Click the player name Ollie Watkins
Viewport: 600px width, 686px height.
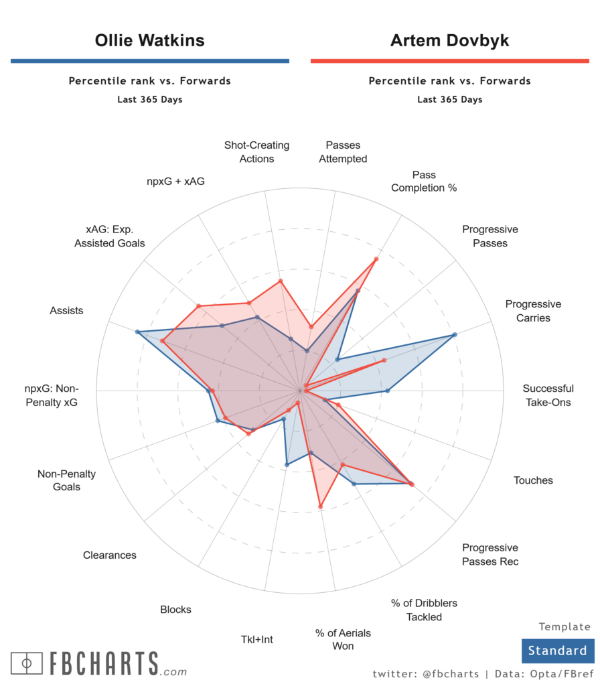click(x=149, y=40)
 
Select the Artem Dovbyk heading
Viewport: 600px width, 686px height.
click(x=449, y=40)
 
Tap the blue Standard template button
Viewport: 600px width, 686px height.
click(x=557, y=650)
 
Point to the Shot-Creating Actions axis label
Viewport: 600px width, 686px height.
click(x=257, y=152)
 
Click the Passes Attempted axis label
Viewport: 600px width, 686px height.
click(x=343, y=152)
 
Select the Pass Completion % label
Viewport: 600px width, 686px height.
click(x=424, y=181)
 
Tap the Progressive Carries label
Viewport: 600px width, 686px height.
click(x=533, y=311)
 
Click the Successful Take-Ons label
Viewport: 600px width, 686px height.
click(x=548, y=395)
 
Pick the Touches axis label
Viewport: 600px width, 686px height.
click(x=533, y=480)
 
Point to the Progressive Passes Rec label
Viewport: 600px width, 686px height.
click(x=490, y=554)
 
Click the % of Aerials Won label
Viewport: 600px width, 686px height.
click(x=343, y=639)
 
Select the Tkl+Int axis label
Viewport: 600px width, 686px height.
click(x=257, y=639)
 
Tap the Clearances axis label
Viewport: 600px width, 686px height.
click(x=110, y=555)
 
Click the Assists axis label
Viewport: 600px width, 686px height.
click(x=66, y=310)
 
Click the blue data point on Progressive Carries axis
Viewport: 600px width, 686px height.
click(x=455, y=334)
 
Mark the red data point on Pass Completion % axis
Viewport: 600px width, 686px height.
click(x=376, y=259)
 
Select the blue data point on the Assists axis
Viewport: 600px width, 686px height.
click(x=137, y=332)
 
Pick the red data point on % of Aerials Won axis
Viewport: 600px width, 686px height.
click(x=320, y=506)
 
